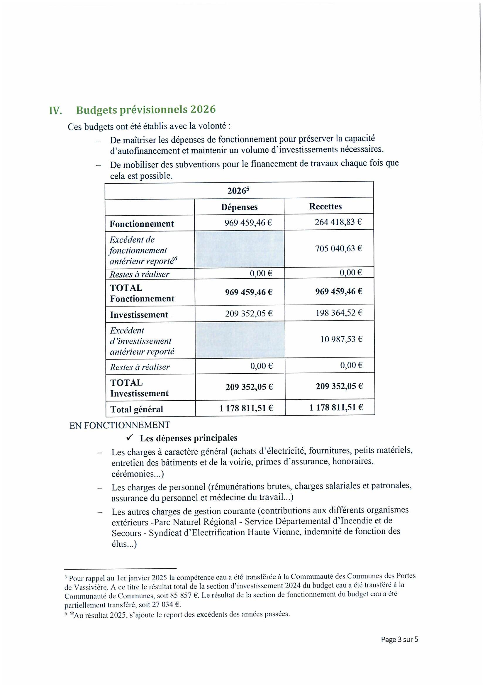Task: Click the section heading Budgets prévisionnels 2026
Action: click(146, 110)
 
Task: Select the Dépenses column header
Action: click(239, 207)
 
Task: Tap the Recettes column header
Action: click(325, 206)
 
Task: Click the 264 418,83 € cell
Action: click(338, 222)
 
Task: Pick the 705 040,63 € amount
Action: click(338, 249)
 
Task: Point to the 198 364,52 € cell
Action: click(338, 313)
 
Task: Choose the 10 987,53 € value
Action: click(341, 339)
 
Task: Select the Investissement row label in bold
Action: click(139, 315)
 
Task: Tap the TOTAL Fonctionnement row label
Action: click(142, 293)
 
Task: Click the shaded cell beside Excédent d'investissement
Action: click(240, 340)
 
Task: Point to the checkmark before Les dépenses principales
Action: click(129, 438)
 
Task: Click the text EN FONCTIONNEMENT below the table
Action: click(120, 425)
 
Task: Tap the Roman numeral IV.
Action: click(55, 111)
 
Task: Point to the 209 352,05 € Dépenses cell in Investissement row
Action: click(249, 314)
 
